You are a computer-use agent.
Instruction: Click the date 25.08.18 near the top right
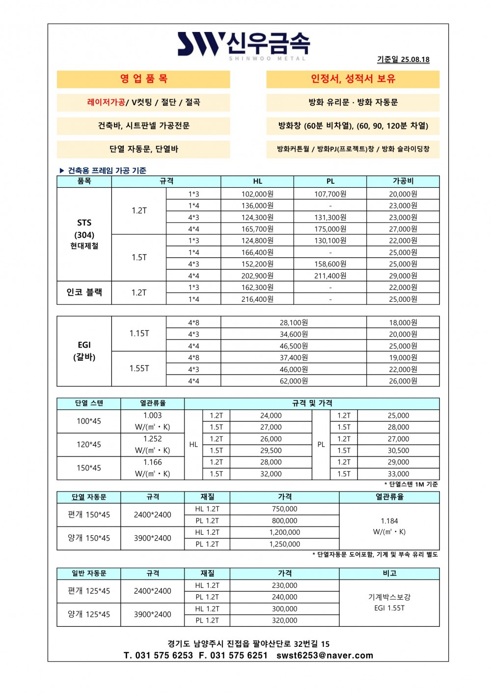click(x=415, y=59)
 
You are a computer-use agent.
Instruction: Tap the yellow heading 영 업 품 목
click(x=143, y=79)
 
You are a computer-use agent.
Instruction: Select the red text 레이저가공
click(x=106, y=102)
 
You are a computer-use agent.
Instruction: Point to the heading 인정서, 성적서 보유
click(x=353, y=79)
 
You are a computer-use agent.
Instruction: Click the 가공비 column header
click(x=403, y=181)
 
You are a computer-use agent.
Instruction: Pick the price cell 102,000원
click(x=257, y=194)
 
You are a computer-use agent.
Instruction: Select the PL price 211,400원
click(x=330, y=276)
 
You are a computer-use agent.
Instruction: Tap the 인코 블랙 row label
click(x=84, y=292)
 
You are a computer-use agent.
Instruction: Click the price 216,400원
click(x=257, y=299)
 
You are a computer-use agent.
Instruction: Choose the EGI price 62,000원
click(x=294, y=381)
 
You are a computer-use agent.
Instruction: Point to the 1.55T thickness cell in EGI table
click(x=139, y=369)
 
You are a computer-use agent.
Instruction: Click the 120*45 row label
click(x=89, y=445)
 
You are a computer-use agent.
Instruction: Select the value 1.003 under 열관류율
click(x=152, y=415)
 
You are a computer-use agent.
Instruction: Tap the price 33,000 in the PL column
click(x=398, y=474)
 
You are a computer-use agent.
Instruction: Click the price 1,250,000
click(x=285, y=544)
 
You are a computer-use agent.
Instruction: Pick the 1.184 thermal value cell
click(x=389, y=521)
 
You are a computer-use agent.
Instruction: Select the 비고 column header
click(x=389, y=574)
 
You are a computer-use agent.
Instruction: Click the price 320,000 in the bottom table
click(x=285, y=620)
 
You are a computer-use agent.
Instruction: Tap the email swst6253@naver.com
click(x=325, y=655)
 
